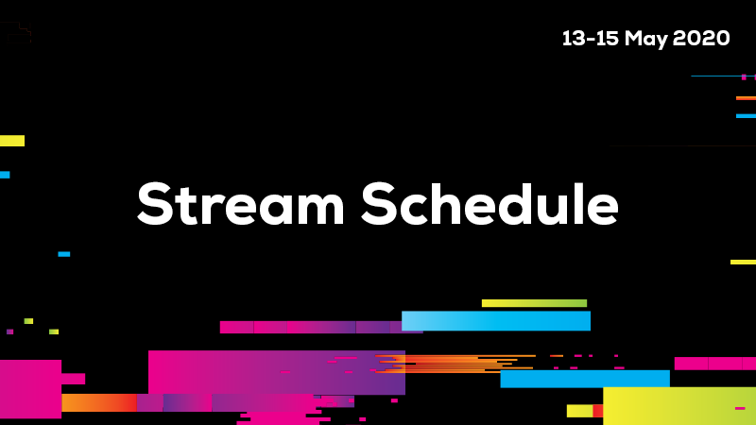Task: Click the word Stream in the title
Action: tap(241, 203)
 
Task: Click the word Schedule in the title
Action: tap(490, 203)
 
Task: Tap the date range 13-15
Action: tap(590, 39)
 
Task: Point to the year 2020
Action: tap(701, 39)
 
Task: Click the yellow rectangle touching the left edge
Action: tap(12, 141)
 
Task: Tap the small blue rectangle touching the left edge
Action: tap(5, 175)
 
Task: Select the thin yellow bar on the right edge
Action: tap(743, 263)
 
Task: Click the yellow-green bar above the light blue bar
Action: tap(534, 303)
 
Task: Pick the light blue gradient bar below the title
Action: tap(495, 321)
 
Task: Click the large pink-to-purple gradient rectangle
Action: tap(277, 372)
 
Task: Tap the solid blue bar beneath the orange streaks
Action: tap(585, 379)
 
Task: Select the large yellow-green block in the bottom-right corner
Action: tap(679, 406)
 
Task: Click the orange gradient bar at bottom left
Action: tap(99, 403)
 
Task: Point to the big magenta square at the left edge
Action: tap(31, 389)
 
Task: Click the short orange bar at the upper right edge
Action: tap(746, 98)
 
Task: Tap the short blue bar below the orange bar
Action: tap(746, 115)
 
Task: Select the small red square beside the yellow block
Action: tap(598, 411)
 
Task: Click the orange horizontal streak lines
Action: tap(455, 364)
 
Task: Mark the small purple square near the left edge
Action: tap(9, 331)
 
